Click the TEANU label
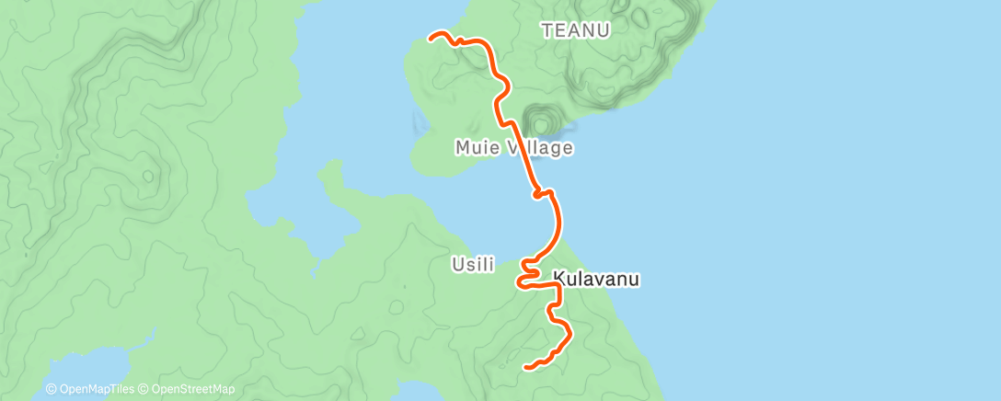[x=577, y=29]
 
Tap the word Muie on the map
[x=476, y=147]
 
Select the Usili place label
[x=473, y=265]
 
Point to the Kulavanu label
[x=596, y=278]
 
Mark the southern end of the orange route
[x=526, y=367]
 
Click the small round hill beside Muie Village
[x=540, y=121]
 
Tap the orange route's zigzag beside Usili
[x=530, y=273]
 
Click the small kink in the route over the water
[x=542, y=193]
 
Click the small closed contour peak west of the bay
[x=146, y=174]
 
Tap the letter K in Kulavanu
[x=558, y=278]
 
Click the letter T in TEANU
[x=547, y=29]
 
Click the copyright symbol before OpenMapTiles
[x=52, y=390]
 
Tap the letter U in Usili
[x=457, y=265]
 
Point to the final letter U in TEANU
[x=606, y=29]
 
